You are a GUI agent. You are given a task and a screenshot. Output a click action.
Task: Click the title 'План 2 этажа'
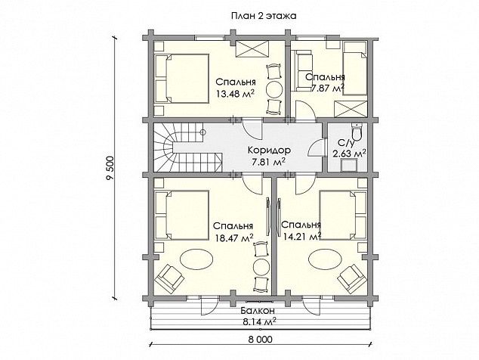[x=264, y=16]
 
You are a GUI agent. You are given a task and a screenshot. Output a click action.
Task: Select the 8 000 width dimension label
[x=261, y=339]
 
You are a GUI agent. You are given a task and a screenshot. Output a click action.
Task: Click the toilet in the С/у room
[x=356, y=132]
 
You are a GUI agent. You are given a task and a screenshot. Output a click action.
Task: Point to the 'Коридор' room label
[x=269, y=151]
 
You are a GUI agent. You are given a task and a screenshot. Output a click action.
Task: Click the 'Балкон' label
[x=257, y=311]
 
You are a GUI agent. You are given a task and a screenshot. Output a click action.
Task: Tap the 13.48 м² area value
[x=236, y=93]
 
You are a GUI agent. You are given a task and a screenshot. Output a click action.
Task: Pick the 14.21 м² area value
[x=302, y=237]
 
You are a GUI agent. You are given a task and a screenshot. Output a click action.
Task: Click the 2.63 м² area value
[x=350, y=154]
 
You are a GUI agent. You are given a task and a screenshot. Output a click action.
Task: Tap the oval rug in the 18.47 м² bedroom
[x=196, y=259]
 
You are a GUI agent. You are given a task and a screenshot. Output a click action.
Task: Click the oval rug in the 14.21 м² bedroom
[x=326, y=259]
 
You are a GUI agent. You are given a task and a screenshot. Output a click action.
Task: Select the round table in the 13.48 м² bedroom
[x=274, y=89]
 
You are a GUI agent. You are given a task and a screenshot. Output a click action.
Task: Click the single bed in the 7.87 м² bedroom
[x=354, y=68]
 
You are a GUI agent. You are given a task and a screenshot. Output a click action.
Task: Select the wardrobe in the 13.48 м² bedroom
[x=252, y=49]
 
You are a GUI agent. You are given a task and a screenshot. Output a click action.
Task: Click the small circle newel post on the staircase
[x=202, y=132]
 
